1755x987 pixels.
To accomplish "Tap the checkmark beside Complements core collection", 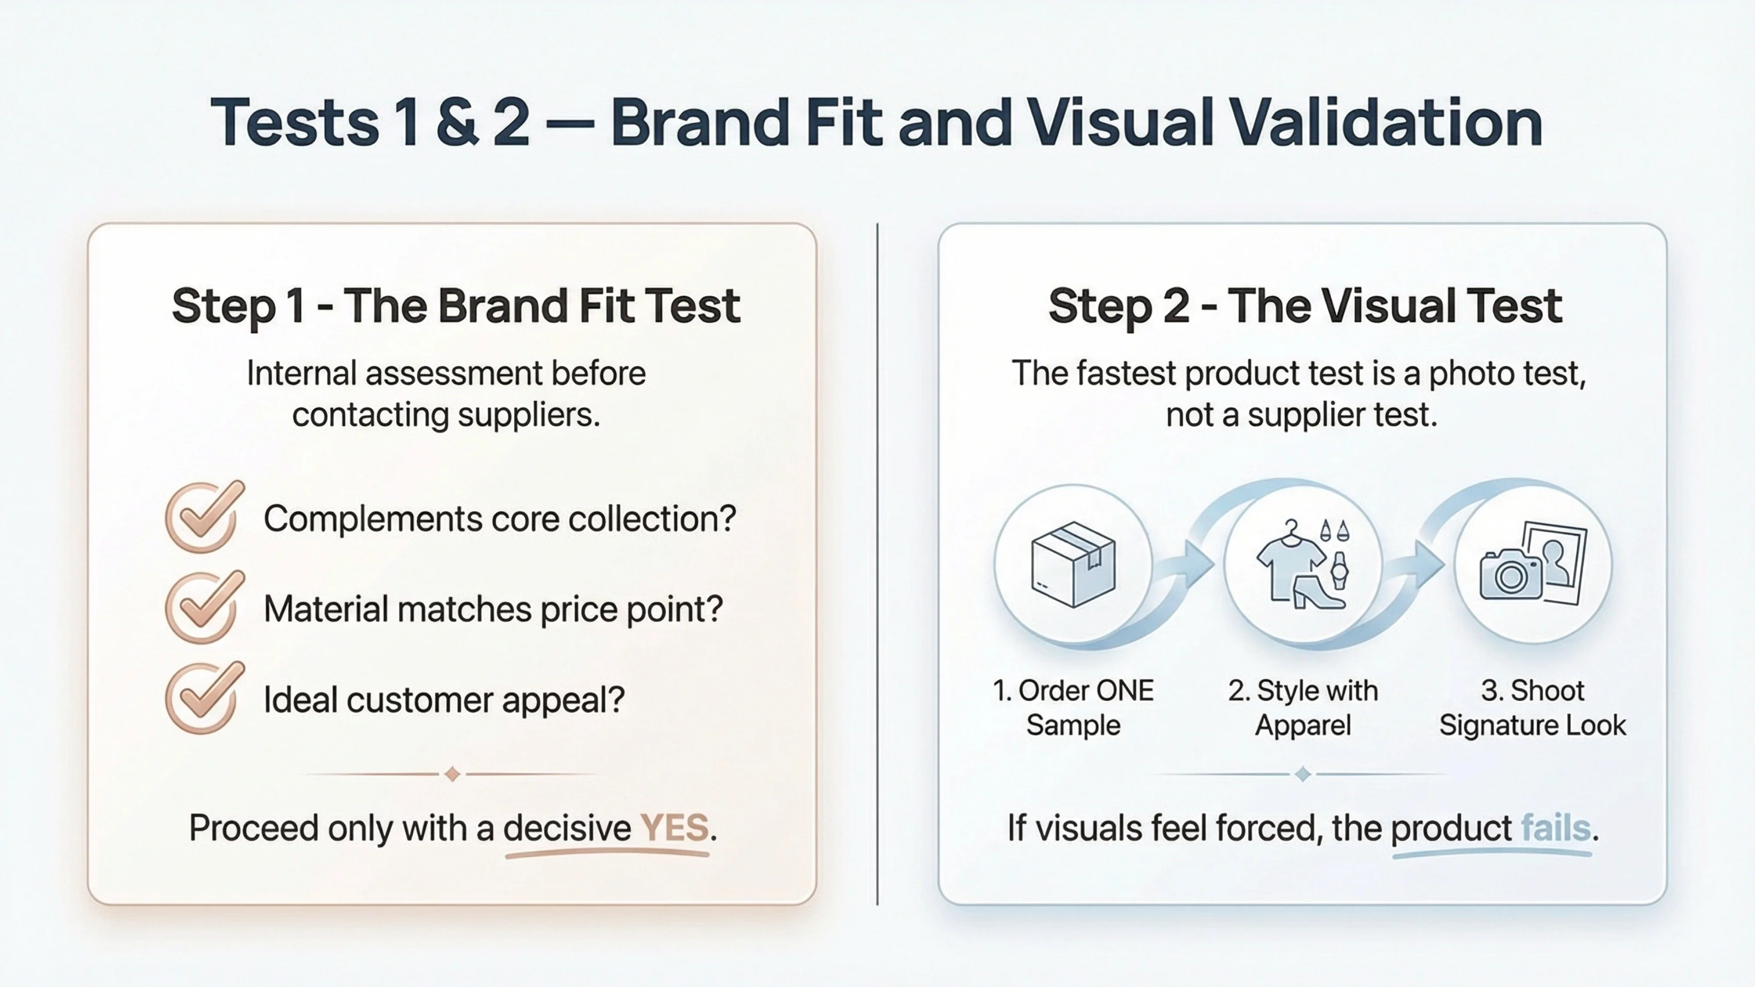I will point(204,517).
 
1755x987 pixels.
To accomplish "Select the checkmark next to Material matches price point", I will point(204,608).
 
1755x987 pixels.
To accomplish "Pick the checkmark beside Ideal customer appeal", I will point(204,698).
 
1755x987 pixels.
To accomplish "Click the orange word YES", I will point(674,828).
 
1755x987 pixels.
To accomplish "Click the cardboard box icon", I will point(1073,564).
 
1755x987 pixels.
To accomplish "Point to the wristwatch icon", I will point(1340,569).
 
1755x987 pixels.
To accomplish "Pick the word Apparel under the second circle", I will point(1303,726).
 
